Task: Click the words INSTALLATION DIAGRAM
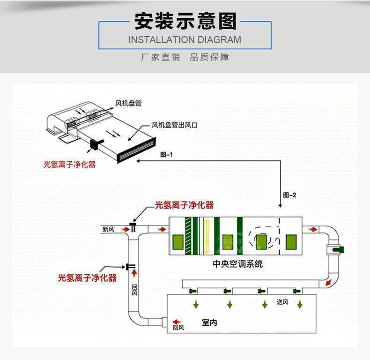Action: pyautogui.click(x=185, y=40)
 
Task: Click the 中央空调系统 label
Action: pyautogui.click(x=238, y=264)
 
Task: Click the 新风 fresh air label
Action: pyautogui.click(x=108, y=230)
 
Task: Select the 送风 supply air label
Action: pyautogui.click(x=282, y=302)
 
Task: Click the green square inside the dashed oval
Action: pyautogui.click(x=260, y=241)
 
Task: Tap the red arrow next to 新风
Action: pyautogui.click(x=125, y=230)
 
